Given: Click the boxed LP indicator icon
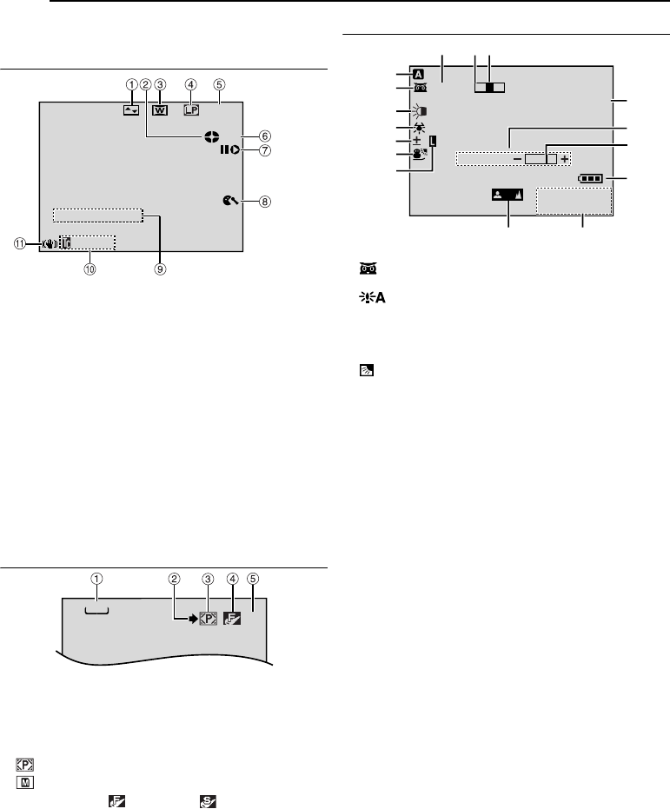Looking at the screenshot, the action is coord(189,111).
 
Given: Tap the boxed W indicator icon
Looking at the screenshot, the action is coord(161,111).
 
